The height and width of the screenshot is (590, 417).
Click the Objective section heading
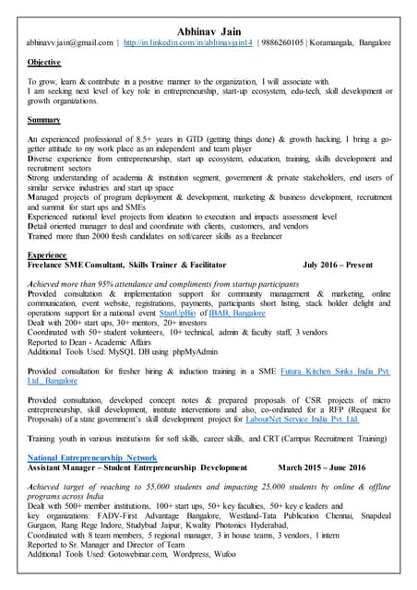tap(44, 63)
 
